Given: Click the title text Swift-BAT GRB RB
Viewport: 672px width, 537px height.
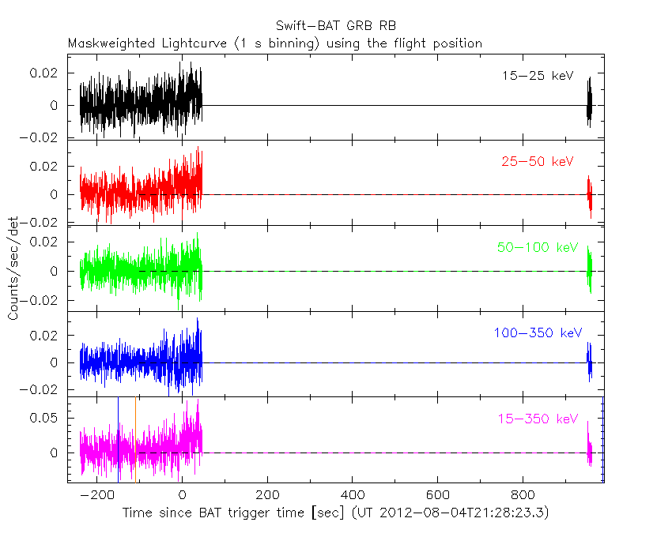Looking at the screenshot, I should [336, 27].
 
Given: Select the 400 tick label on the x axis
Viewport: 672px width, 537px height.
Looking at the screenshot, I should [352, 496].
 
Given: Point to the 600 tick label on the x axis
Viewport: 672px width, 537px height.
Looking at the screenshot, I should [437, 496].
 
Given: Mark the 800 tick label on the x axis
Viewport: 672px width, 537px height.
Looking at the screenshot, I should [523, 496].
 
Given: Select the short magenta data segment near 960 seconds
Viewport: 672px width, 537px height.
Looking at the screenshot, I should [589, 450].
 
